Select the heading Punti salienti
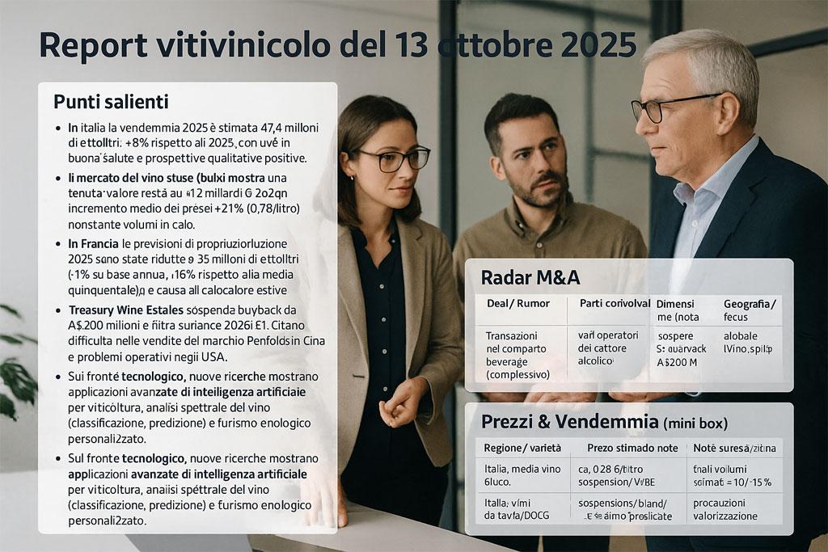[x=111, y=102]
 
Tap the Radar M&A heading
[x=530, y=278]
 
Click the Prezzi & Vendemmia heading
[x=569, y=421]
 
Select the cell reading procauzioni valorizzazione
[x=725, y=509]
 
